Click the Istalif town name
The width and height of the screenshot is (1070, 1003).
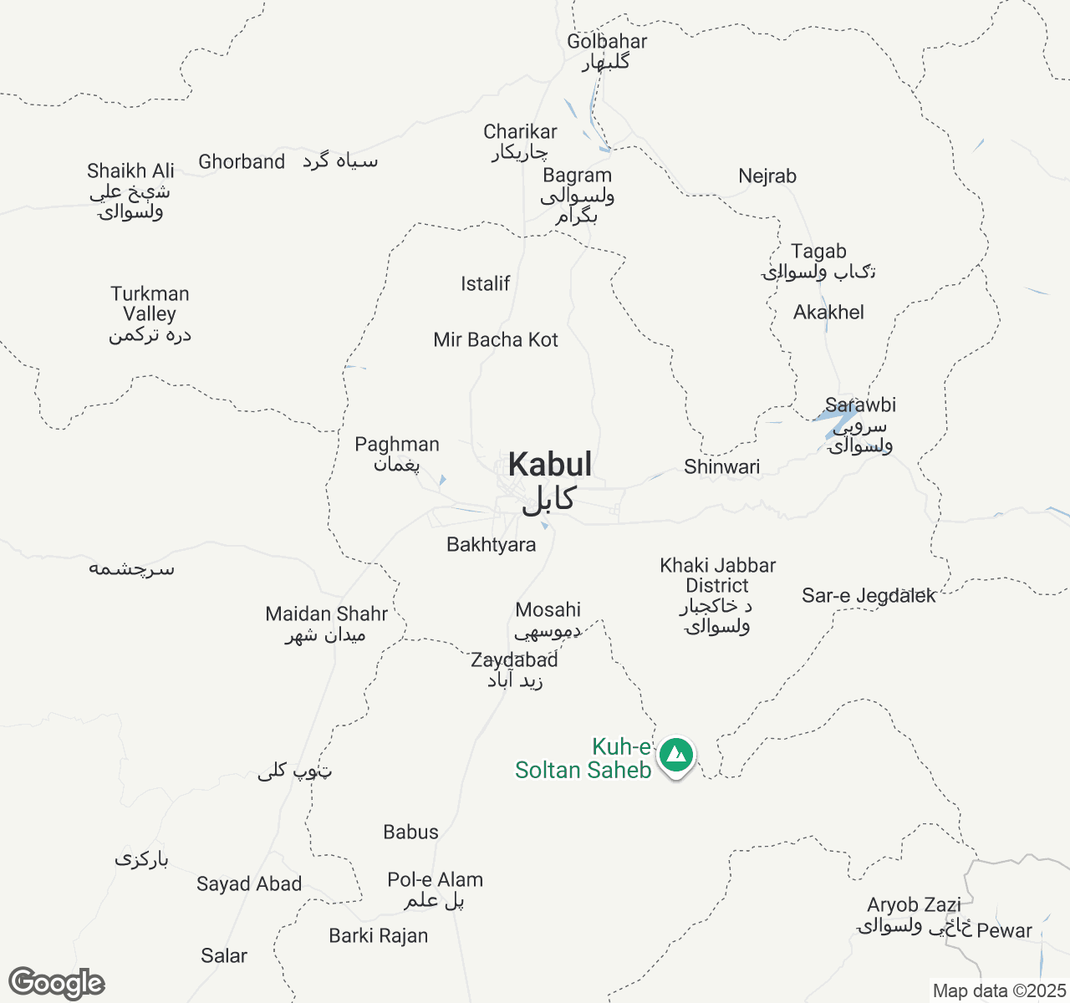coord(485,284)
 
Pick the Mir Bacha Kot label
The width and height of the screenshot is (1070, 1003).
coord(496,340)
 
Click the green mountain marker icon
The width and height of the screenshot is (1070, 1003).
coord(675,755)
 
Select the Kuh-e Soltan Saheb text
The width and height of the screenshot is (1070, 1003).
coord(583,759)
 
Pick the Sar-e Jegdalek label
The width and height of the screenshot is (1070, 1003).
coord(869,596)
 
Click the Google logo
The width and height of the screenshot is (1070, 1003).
coord(56,983)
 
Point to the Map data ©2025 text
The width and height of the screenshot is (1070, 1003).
coord(999,991)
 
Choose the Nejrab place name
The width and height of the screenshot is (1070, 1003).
coord(767,176)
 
